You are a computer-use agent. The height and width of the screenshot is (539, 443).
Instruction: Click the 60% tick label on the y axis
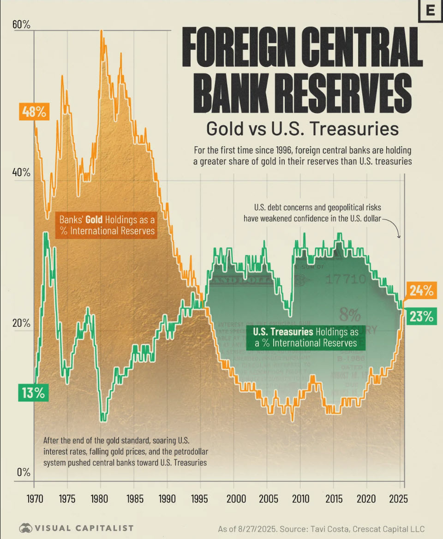21,25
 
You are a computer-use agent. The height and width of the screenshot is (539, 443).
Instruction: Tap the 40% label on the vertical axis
21,173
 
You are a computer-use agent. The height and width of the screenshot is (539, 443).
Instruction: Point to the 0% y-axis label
23,473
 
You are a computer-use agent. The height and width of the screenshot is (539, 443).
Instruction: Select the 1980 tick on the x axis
101,499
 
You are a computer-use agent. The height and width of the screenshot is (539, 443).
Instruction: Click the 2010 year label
300,499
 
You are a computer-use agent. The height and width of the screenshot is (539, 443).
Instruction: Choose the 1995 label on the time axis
200,499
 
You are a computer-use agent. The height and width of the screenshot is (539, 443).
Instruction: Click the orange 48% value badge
33,112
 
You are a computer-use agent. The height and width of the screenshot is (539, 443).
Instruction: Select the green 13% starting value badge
33,393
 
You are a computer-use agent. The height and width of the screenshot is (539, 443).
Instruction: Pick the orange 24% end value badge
420,291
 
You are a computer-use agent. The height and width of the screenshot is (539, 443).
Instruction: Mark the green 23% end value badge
420,317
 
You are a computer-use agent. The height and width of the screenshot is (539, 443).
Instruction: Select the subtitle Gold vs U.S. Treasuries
302,129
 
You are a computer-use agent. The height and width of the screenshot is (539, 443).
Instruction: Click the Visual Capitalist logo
76,528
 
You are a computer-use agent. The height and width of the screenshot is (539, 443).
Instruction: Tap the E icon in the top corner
430,11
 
